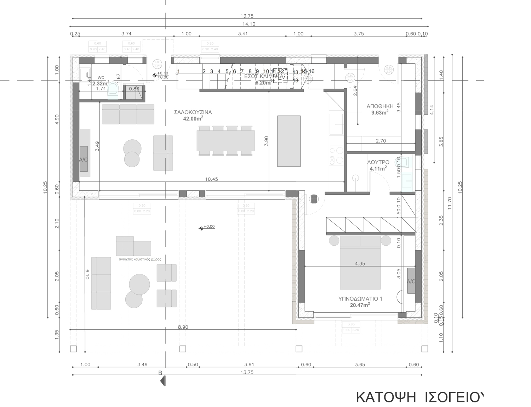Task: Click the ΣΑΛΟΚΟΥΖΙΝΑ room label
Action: click(193, 112)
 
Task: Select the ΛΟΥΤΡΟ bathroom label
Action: click(378, 162)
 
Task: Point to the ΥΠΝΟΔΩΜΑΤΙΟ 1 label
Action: click(360, 299)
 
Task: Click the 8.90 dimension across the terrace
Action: click(183, 327)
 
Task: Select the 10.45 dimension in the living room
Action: click(211, 179)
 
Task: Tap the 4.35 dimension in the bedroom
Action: click(360, 263)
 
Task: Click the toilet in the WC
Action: click(113, 89)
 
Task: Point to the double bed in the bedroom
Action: click(360, 263)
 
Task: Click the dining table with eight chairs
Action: click(225, 140)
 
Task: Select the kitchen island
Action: click(289, 141)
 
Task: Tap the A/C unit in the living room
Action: click(84, 159)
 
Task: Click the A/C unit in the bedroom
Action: click(411, 281)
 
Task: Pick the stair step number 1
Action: click(178, 72)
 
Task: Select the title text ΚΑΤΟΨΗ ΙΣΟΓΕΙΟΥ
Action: click(419, 396)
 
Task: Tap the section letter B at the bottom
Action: click(160, 373)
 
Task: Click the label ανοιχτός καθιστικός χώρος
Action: click(140, 259)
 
